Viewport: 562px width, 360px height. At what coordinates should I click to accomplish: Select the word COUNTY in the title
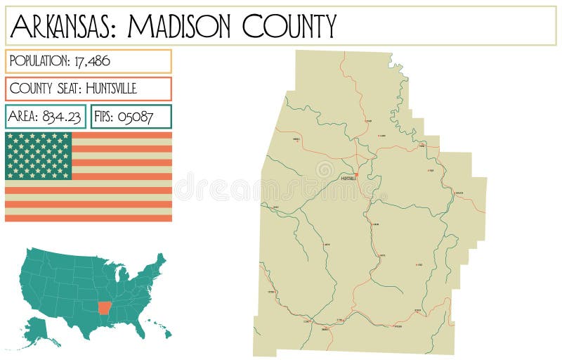click(x=289, y=26)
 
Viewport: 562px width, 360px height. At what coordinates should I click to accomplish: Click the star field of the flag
click(x=39, y=155)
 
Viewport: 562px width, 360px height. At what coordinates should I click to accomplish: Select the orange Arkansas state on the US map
click(x=105, y=308)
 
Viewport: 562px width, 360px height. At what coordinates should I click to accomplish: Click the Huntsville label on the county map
click(x=348, y=179)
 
